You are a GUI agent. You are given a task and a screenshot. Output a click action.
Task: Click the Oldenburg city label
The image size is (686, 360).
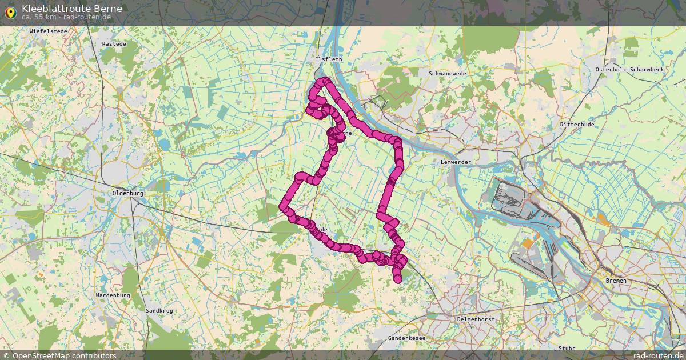click(128, 194)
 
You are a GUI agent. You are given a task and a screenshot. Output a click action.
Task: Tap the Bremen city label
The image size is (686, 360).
click(616, 281)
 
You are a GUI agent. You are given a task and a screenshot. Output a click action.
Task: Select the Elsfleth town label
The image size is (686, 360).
click(328, 59)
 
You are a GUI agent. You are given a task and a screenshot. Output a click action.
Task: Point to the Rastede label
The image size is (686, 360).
click(113, 44)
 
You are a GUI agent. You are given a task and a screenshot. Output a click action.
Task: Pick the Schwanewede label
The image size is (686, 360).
click(448, 74)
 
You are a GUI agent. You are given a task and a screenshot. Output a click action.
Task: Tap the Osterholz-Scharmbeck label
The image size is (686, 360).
click(629, 70)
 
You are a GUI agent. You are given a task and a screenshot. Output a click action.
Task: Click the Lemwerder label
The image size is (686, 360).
click(456, 162)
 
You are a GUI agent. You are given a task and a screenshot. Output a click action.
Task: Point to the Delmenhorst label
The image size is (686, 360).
click(476, 319)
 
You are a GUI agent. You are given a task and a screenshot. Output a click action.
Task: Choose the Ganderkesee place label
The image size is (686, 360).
click(406, 338)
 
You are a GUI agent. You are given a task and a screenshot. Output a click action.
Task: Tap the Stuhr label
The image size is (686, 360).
click(567, 348)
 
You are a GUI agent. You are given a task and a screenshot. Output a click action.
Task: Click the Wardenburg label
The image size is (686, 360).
click(113, 295)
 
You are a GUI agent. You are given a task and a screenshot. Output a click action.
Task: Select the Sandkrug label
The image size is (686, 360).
click(159, 311)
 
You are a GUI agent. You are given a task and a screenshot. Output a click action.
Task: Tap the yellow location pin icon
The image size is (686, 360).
click(10, 12)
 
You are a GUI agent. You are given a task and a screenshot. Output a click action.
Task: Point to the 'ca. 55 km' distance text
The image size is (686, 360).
click(39, 17)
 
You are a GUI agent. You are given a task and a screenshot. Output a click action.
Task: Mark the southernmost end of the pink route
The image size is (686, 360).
click(398, 279)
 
